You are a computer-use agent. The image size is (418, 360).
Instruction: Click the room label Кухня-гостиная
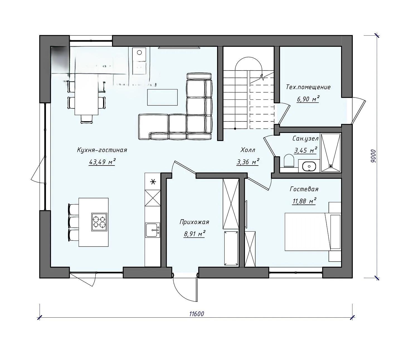point(102,150)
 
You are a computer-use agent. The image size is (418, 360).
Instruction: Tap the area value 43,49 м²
point(102,162)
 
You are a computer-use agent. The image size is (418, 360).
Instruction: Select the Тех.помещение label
point(308,87)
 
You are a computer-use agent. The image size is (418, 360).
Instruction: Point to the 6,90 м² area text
point(308,99)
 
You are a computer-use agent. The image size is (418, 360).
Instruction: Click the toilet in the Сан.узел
point(289,161)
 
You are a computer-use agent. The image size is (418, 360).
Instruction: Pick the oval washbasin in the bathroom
point(309,166)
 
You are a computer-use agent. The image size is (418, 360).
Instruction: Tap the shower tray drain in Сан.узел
point(331,166)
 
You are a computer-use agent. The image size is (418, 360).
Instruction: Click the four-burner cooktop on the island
point(99,222)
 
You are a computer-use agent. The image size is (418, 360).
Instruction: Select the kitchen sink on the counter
point(153,230)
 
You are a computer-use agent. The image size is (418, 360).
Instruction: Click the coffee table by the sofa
point(162,97)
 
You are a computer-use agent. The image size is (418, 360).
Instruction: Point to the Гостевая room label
point(304,189)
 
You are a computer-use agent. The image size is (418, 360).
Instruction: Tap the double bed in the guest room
point(313,232)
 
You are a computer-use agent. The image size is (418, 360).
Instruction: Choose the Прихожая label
point(194,222)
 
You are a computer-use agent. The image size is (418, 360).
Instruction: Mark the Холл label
point(248,150)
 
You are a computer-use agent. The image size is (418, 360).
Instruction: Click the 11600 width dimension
point(196,314)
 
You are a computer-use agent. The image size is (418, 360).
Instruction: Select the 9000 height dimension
point(373,156)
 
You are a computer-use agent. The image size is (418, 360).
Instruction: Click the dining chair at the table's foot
point(87,119)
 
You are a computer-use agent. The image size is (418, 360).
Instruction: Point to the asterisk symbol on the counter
point(153,182)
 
